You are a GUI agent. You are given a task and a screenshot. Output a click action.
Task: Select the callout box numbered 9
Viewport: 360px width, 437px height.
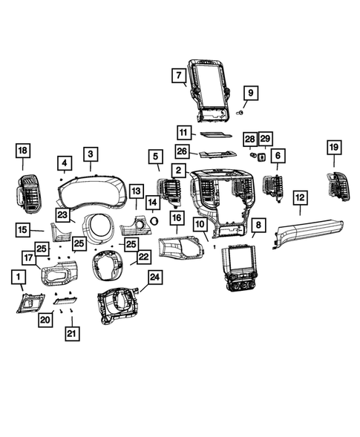tap(250, 93)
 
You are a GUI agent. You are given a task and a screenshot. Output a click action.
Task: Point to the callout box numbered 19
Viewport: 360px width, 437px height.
tap(333, 148)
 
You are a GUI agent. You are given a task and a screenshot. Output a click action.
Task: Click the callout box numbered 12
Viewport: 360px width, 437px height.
tap(300, 197)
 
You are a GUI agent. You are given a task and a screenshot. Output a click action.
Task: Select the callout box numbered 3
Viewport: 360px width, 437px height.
tap(91, 154)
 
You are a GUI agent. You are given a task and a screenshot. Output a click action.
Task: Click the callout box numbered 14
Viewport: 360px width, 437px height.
tap(151, 201)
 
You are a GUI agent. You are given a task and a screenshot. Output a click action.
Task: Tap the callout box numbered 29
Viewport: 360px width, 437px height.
tap(265, 139)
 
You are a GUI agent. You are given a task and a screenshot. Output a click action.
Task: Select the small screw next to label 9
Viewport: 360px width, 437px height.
tap(239, 112)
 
